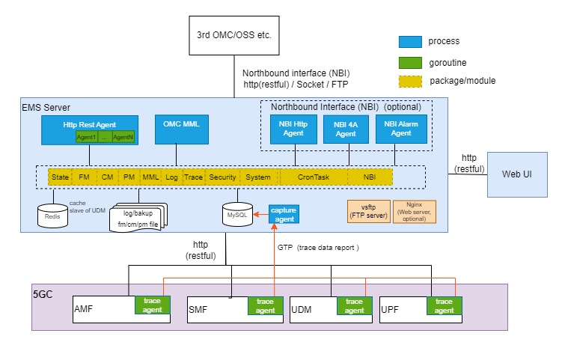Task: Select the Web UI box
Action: click(516, 174)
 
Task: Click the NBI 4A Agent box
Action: click(346, 129)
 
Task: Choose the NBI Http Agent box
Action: click(293, 129)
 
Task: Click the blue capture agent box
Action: click(284, 215)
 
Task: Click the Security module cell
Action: click(223, 177)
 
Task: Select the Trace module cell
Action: click(193, 177)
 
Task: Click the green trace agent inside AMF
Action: click(152, 305)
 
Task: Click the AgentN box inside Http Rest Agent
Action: click(123, 137)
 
